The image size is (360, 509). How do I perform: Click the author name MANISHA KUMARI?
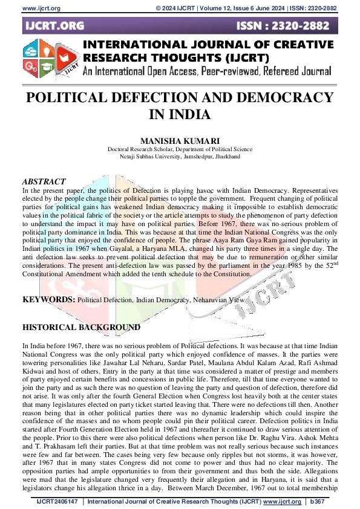(x=180, y=139)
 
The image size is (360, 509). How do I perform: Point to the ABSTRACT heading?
(x=44, y=181)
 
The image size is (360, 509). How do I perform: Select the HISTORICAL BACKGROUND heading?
(x=81, y=327)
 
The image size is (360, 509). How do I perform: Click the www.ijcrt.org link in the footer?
(x=281, y=502)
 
